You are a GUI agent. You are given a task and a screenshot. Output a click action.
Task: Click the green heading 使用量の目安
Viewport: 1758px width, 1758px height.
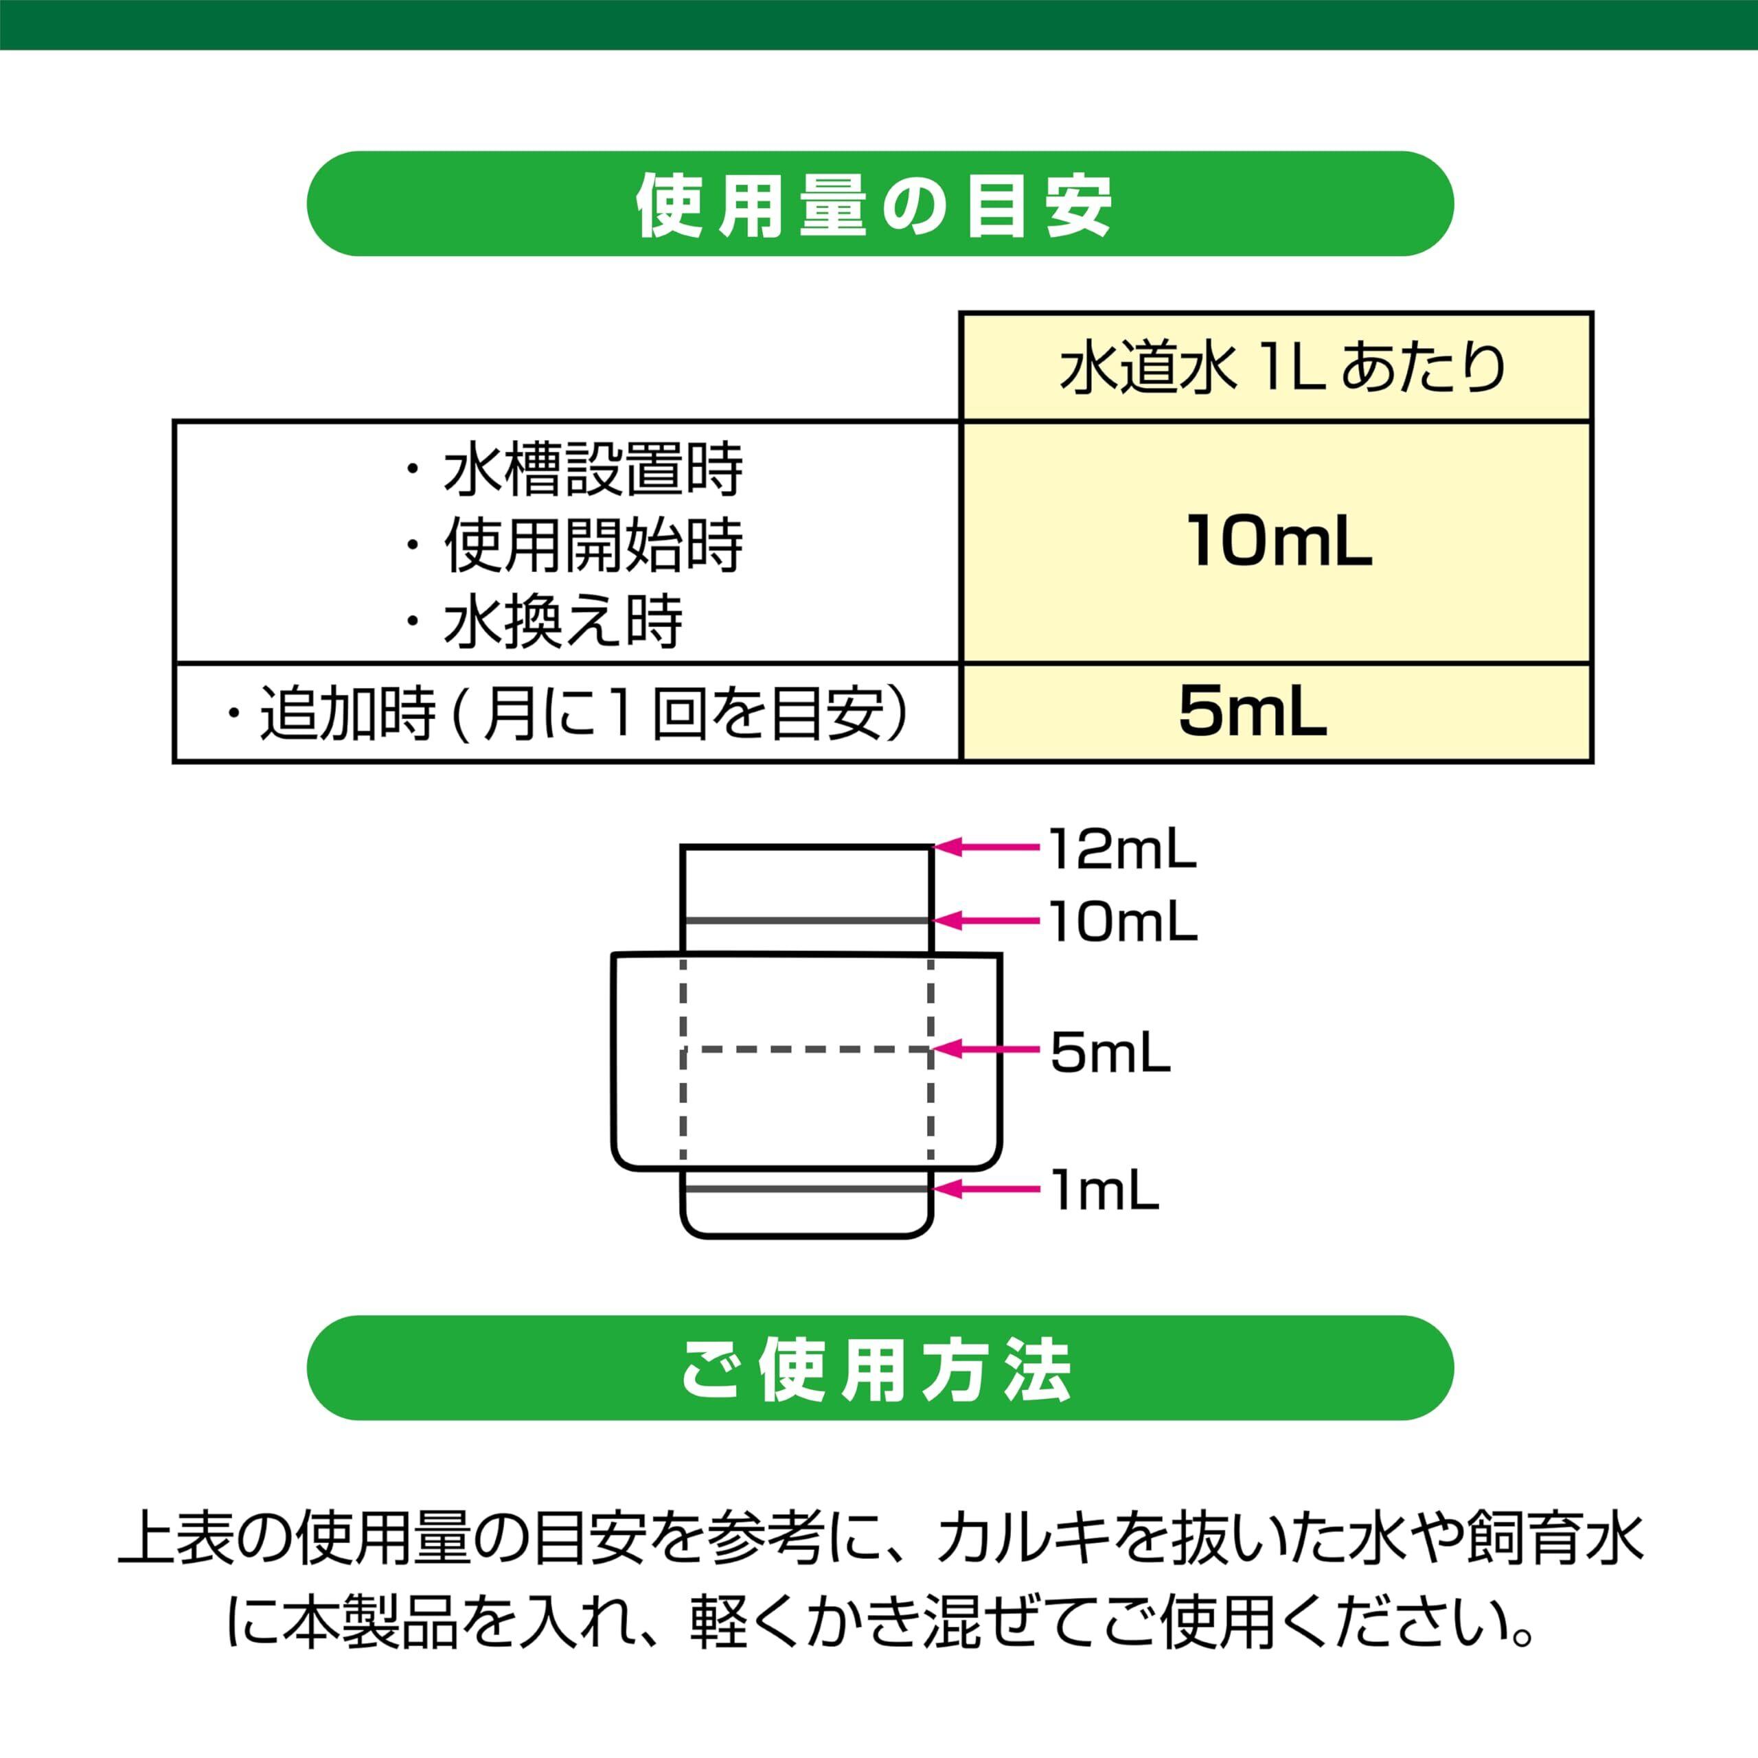point(874,204)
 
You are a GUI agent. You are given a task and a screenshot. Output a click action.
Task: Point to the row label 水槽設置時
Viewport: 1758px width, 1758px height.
point(593,470)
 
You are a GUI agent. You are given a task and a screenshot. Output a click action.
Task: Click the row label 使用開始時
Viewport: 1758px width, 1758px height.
point(593,547)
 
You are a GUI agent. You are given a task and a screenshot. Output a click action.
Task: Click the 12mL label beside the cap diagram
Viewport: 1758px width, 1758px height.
point(1122,849)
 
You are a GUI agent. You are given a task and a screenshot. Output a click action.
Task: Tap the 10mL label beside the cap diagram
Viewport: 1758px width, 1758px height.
point(1123,922)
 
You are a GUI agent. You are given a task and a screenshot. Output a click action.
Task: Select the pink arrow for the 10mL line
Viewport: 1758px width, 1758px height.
point(986,921)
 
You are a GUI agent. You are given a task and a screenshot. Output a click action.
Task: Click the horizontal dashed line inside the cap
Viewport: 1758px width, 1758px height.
point(806,1050)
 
